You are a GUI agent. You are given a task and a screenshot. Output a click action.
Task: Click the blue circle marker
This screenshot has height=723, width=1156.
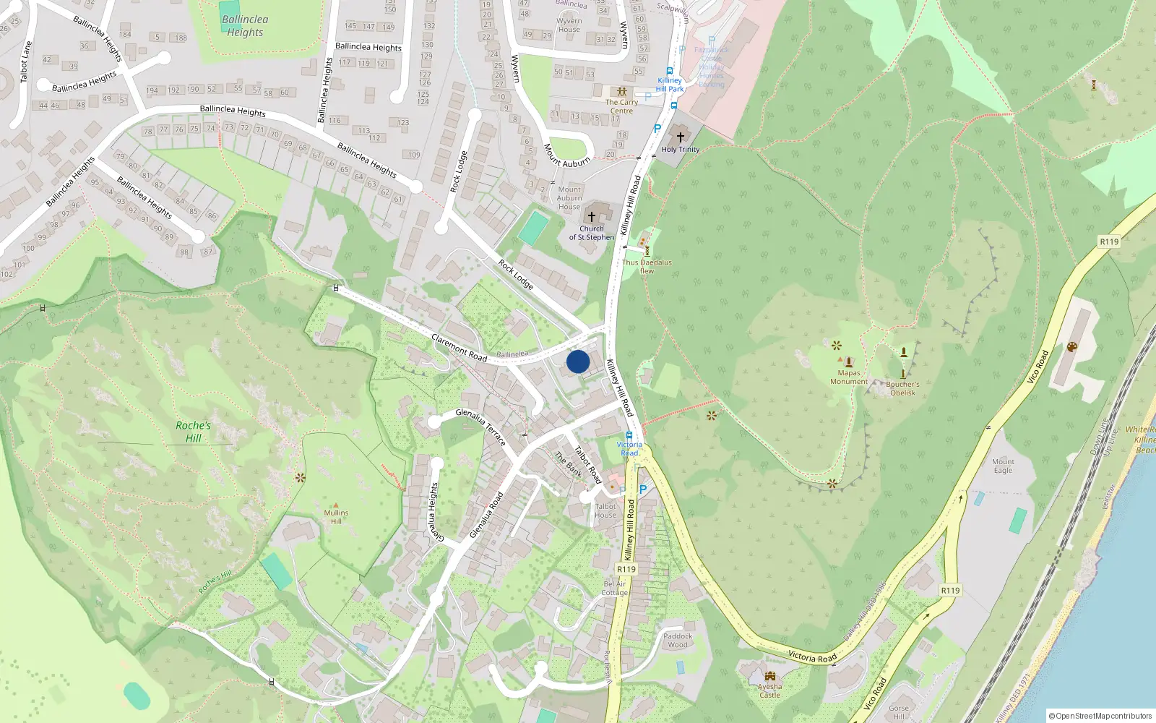point(578,361)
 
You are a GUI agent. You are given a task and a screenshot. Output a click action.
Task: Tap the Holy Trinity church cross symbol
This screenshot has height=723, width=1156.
point(680,136)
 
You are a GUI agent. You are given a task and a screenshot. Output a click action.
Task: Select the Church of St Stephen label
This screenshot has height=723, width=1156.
point(592,233)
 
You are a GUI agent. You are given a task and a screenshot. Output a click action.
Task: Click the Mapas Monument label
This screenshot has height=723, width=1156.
point(849,377)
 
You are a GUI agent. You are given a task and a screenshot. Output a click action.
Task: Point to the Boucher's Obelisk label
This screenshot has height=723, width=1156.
point(902,389)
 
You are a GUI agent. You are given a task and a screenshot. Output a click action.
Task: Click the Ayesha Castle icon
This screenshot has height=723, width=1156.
point(769,676)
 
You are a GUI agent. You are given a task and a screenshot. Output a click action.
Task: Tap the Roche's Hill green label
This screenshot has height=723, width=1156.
point(193,432)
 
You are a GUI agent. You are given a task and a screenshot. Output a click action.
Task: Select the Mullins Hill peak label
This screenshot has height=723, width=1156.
point(336,516)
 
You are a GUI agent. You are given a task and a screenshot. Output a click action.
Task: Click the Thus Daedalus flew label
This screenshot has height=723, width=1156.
point(647,267)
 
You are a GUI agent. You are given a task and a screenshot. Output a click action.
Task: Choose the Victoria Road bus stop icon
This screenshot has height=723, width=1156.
point(629,435)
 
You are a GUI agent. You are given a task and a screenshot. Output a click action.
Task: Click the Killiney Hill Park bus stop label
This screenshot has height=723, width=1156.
point(670,85)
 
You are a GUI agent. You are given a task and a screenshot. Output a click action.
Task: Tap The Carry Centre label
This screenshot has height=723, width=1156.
point(621,106)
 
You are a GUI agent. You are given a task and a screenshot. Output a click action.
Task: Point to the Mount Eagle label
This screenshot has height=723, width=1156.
point(1003,466)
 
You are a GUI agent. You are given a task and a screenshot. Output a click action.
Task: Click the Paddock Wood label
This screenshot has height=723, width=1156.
point(678,641)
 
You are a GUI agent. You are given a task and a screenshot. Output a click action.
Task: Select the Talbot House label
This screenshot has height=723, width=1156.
point(605,510)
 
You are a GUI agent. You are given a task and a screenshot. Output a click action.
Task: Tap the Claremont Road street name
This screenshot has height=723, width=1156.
point(459,347)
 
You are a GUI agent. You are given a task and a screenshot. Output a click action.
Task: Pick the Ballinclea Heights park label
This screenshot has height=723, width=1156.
point(245,26)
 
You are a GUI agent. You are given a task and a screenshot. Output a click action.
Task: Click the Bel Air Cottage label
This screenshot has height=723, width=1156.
point(615,588)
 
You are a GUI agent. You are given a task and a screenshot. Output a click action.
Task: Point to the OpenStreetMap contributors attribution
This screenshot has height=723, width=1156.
point(1100,716)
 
